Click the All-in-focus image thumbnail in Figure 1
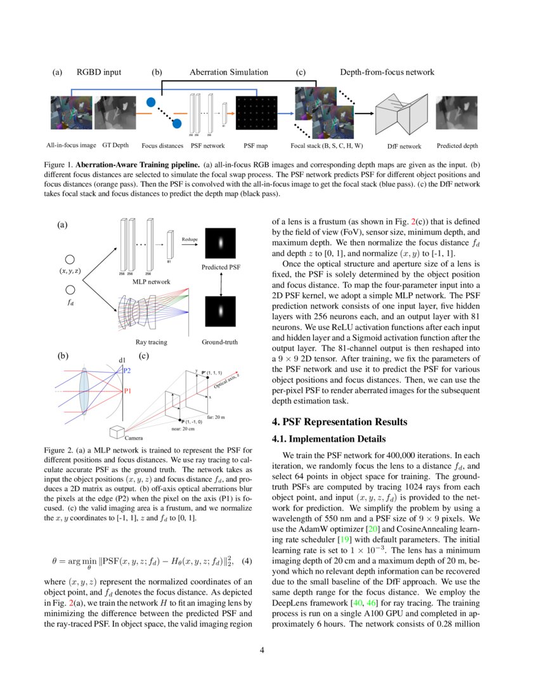point(71,112)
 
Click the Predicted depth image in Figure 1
point(457,113)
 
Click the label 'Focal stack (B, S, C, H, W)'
point(323,146)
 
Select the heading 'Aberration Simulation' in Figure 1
point(228,72)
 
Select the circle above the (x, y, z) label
point(70,259)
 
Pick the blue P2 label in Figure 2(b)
point(127,370)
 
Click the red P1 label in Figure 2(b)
point(127,391)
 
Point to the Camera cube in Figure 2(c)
point(116,431)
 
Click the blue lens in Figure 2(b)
point(84,393)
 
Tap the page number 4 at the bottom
point(269,650)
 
